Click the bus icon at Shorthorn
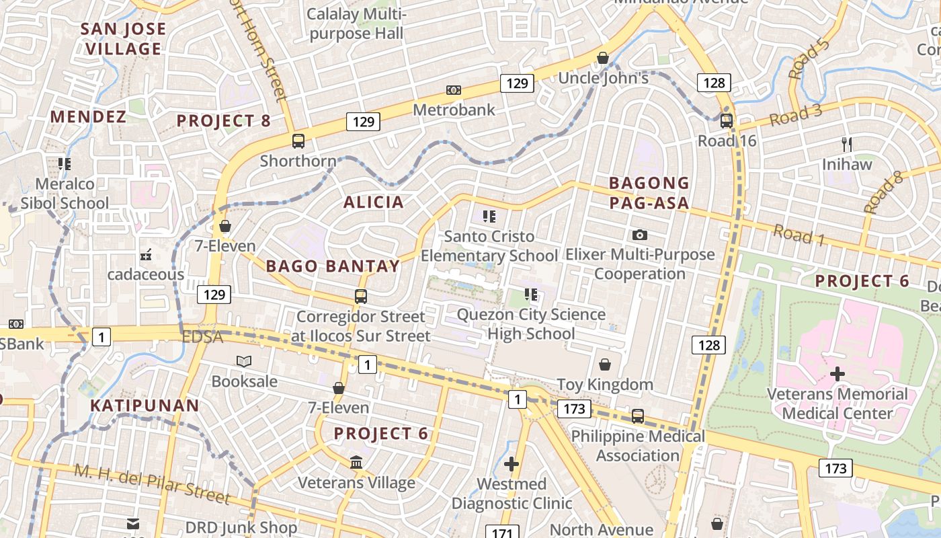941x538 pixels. pos(298,141)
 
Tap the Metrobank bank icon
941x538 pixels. pos(454,90)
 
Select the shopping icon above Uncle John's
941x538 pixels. pos(603,58)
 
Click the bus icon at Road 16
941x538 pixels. pos(726,121)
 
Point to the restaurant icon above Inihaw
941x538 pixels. pos(847,144)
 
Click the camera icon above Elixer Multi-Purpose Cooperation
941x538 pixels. pos(640,235)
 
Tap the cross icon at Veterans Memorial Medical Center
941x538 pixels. pos(837,373)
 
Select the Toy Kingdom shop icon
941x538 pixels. pos(605,364)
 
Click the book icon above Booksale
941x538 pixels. pos(244,361)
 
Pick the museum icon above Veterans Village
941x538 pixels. pos(356,463)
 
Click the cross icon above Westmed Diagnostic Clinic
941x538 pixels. pos(512,464)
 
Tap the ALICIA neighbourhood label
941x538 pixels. pos(374,202)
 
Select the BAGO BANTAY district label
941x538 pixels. pos(333,266)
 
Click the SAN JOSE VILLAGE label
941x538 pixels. pos(124,39)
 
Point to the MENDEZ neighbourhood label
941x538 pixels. pos(88,117)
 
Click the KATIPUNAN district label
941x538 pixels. pos(145,406)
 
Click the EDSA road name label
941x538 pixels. pos(202,337)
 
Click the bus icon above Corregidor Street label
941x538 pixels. pos(361,296)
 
